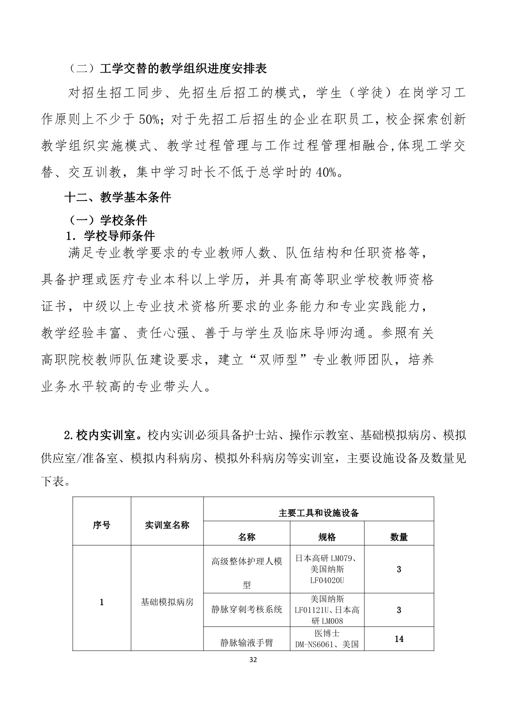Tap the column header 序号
click(x=101, y=525)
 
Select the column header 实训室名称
click(x=167, y=525)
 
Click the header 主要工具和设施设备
click(x=318, y=513)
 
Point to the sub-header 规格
click(x=327, y=537)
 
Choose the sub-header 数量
click(x=399, y=537)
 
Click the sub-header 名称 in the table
click(x=246, y=537)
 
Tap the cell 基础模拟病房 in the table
click(x=167, y=602)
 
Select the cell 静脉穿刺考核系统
click(x=246, y=609)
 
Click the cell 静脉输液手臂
click(x=246, y=643)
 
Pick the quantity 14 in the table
click(x=399, y=639)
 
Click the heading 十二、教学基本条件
click(x=118, y=198)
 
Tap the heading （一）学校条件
click(x=107, y=221)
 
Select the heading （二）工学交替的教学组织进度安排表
click(x=166, y=68)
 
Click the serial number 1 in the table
click(x=101, y=602)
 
